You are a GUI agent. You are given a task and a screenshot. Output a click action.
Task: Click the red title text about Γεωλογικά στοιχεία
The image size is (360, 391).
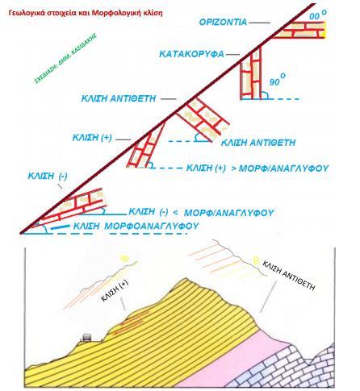coord(86,13)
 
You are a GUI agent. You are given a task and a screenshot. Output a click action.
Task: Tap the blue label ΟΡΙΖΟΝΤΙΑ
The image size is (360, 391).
coord(223,22)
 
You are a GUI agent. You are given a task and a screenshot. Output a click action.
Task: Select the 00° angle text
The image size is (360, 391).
coord(318,15)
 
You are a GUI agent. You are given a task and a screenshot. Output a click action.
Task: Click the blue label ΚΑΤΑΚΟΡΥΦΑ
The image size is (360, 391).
coord(191,54)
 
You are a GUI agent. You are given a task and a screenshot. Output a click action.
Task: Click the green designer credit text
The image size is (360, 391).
coord(65,58)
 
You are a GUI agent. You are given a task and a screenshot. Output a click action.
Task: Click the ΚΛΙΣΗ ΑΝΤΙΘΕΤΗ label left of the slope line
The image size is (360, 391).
coord(119,98)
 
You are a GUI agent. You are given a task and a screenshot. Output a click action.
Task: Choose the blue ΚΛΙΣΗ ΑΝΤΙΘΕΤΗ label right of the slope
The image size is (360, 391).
coord(258,143)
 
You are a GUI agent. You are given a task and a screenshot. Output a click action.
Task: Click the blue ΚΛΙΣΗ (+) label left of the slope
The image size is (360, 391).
coord(92,138)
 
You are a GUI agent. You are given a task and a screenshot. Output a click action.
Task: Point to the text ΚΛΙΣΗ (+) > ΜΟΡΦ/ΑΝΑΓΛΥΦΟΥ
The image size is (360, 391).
coord(257,168)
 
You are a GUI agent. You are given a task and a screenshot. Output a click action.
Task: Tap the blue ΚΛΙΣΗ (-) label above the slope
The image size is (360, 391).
coord(48,177)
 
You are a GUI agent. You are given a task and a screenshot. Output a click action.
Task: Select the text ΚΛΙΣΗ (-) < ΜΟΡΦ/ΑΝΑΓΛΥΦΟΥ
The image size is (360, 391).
coord(201,212)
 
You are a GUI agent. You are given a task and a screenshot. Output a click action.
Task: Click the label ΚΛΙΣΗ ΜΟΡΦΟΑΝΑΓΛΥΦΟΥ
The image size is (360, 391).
coord(136,226)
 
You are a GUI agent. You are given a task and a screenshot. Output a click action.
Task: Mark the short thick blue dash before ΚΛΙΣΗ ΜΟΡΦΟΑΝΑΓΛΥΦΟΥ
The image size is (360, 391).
coord(60,227)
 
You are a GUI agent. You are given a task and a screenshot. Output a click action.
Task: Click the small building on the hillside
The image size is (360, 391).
coord(86,337)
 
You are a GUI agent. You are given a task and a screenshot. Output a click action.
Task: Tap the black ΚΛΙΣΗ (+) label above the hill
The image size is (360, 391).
coord(115,290)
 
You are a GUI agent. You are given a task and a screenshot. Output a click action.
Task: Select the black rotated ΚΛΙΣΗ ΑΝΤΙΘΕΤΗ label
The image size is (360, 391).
coord(288,276)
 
